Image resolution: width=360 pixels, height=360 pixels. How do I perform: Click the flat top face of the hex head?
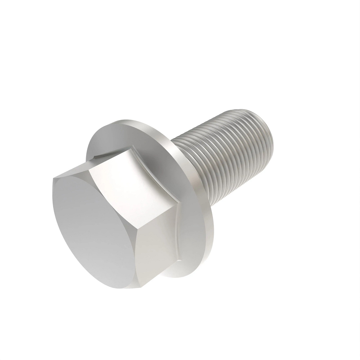(x=93, y=228)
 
